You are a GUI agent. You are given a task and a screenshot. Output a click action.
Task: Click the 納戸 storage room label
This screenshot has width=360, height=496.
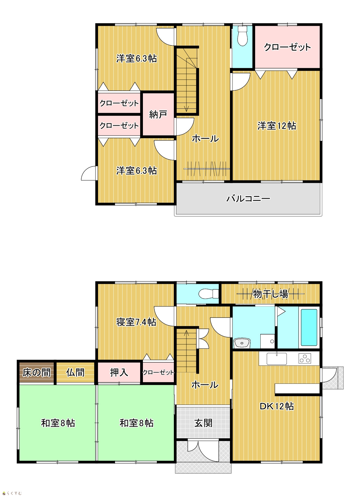pyautogui.click(x=158, y=114)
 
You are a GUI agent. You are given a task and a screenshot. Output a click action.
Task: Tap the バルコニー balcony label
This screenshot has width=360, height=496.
pyautogui.click(x=248, y=198)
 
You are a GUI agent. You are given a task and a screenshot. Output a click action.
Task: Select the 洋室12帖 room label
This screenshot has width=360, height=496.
pyautogui.click(x=277, y=126)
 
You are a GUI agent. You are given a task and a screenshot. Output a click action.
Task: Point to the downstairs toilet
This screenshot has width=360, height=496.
pyautogui.click(x=208, y=294)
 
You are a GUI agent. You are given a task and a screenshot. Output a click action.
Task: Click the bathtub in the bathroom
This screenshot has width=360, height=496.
pyautogui.click(x=309, y=327)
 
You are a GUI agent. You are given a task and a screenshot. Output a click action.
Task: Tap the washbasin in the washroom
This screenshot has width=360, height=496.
pyautogui.click(x=242, y=343)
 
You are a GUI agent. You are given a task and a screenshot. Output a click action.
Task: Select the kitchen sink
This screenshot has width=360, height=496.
pyautogui.click(x=277, y=359)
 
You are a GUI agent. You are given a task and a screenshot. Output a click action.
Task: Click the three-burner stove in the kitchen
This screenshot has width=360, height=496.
pyautogui.click(x=305, y=359)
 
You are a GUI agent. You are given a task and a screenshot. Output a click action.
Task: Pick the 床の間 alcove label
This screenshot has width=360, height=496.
pyautogui.click(x=37, y=372)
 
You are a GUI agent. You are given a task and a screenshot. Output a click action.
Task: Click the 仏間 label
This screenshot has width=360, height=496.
pyautogui.click(x=75, y=372)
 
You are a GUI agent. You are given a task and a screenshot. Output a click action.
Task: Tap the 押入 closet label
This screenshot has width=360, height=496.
pyautogui.click(x=119, y=372)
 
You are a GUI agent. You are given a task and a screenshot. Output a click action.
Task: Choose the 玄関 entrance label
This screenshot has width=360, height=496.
pyautogui.click(x=203, y=423)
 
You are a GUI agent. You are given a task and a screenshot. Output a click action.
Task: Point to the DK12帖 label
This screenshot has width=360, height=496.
pyautogui.click(x=277, y=406)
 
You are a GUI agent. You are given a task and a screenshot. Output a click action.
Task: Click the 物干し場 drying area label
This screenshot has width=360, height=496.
pyautogui.click(x=270, y=294)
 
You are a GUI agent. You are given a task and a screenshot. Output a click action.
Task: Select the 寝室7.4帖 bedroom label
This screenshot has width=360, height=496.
pyautogui.click(x=136, y=322)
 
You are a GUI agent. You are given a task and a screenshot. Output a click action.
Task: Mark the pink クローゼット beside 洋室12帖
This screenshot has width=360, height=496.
pyautogui.click(x=287, y=47)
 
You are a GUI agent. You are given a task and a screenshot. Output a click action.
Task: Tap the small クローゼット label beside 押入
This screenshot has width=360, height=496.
pyautogui.click(x=158, y=372)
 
